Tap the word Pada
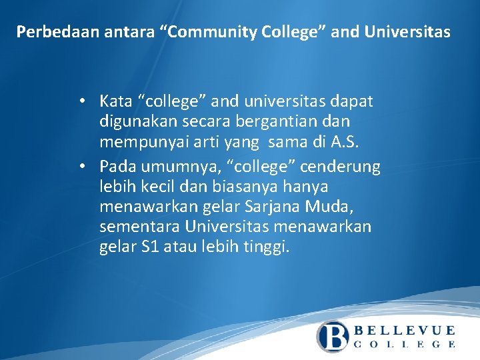tap(115, 166)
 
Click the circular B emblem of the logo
tap(332, 336)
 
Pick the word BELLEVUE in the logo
tap(404, 330)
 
